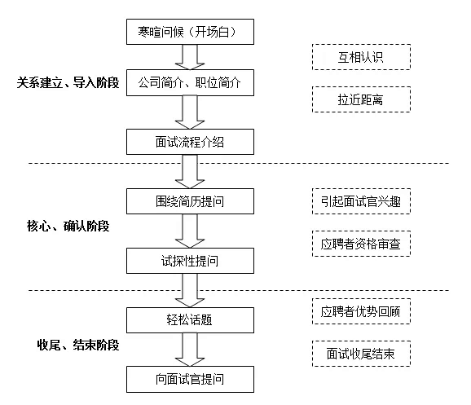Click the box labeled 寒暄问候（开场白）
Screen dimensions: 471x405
point(190,32)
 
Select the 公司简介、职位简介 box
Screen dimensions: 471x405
point(190,82)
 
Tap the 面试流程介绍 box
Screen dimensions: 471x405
point(190,142)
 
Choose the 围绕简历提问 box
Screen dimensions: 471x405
point(190,201)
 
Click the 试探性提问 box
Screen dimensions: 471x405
point(190,261)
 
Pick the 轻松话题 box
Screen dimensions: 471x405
point(190,320)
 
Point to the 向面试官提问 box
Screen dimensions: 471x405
point(190,379)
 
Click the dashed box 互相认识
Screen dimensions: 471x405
point(361,57)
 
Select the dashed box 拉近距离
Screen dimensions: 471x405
point(361,99)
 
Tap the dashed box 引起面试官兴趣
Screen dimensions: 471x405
point(361,201)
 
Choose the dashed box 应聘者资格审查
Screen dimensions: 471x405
point(361,244)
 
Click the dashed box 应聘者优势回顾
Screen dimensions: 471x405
point(361,311)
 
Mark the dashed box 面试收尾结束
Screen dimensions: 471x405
point(361,354)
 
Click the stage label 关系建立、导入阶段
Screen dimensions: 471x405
point(68,82)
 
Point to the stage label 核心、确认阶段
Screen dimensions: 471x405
point(68,226)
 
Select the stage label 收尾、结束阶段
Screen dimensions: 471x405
point(78,345)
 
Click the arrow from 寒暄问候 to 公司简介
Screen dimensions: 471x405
point(190,57)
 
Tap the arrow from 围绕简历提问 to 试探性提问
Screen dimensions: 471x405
point(190,231)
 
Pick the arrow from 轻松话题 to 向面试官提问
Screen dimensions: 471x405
point(190,350)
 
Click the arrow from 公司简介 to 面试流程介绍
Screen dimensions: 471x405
point(190,112)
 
